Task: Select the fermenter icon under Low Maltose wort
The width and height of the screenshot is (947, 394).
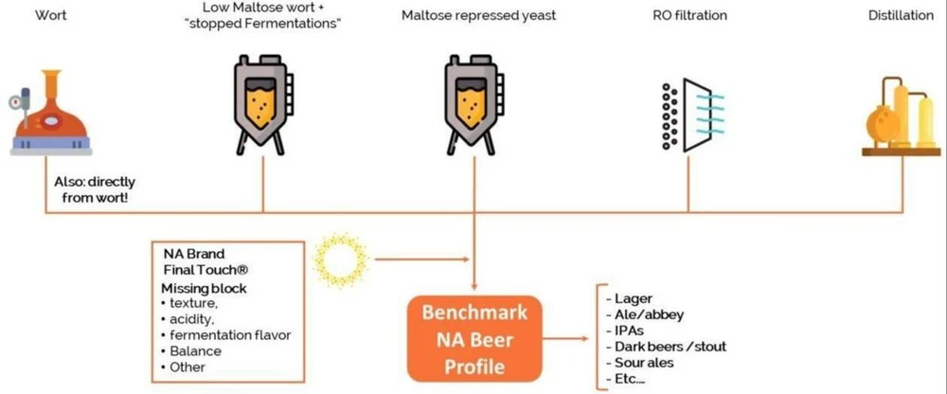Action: click(262, 101)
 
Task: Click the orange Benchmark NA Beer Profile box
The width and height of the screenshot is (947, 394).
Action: click(475, 338)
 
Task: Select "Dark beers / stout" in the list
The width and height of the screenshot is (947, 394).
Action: click(671, 347)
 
